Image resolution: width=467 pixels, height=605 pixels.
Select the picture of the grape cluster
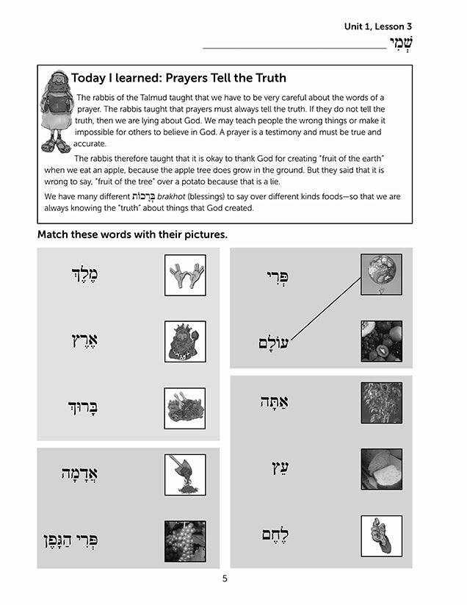point(185,540)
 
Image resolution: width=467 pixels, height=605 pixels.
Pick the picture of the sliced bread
point(381,469)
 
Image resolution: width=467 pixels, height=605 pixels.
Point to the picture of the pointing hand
point(381,536)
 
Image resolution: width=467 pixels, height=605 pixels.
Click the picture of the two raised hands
point(185,275)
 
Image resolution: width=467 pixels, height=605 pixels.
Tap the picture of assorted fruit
point(381,340)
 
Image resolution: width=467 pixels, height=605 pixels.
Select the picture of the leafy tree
point(381,402)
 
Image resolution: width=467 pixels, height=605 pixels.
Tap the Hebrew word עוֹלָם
point(274,343)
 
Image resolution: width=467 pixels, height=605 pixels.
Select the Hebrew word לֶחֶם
point(278,536)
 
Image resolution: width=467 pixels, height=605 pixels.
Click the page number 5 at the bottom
point(225,579)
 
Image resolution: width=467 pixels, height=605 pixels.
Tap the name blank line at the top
point(294,47)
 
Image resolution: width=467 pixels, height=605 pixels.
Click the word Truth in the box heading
point(266,77)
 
